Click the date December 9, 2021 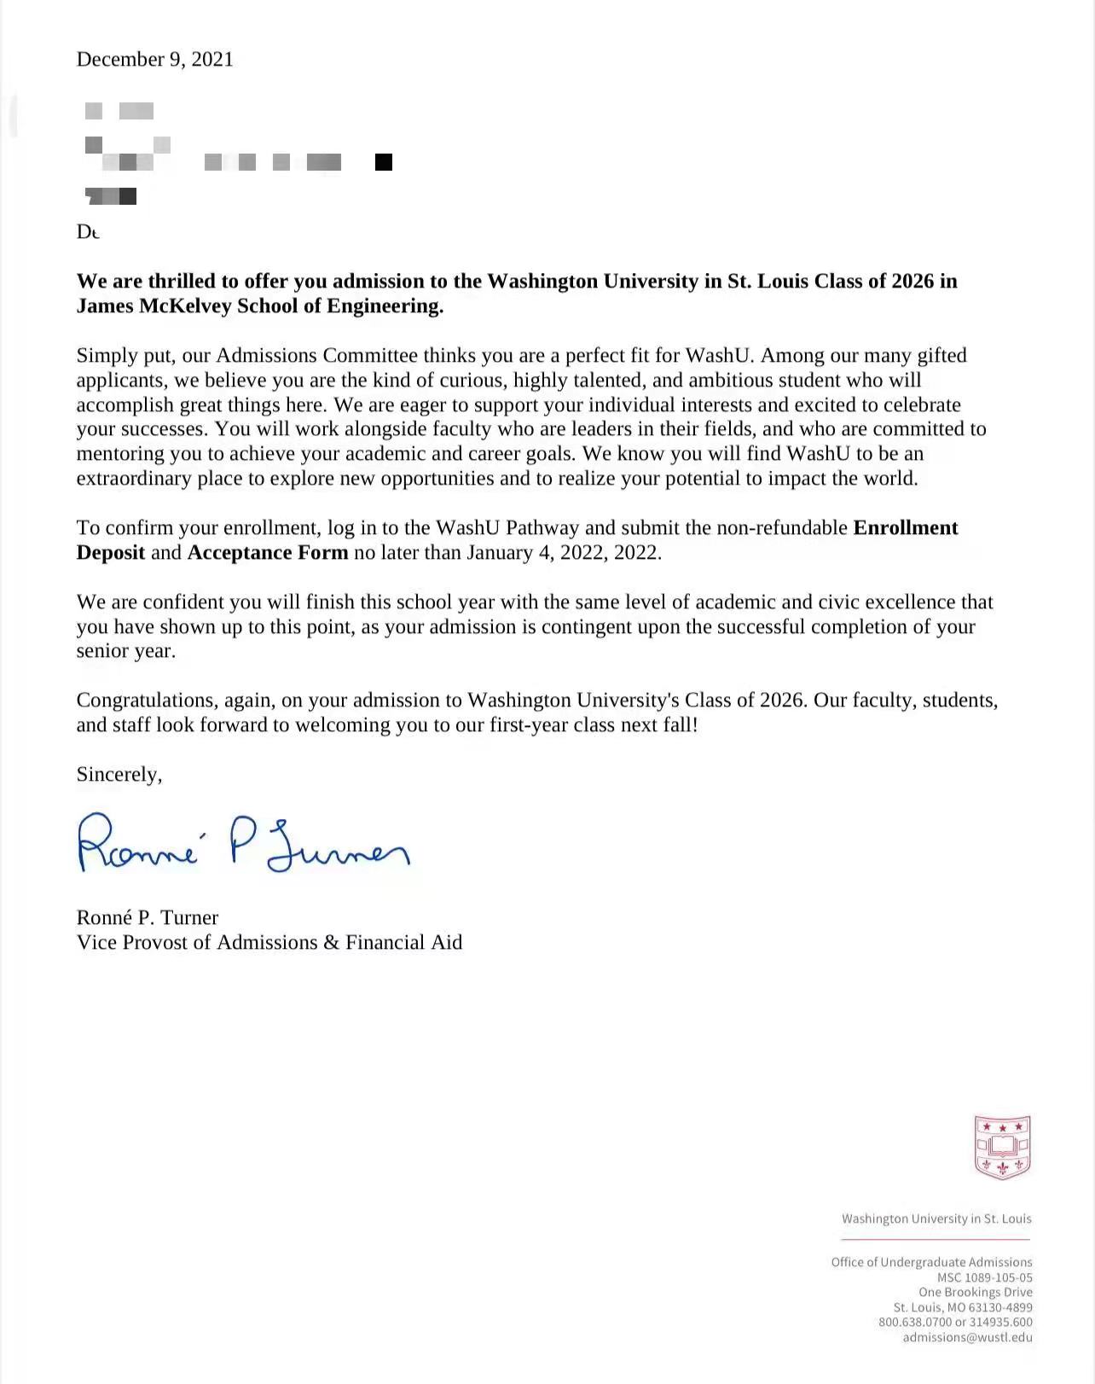pyautogui.click(x=154, y=59)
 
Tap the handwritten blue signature pyautogui.click(x=243, y=844)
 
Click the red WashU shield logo pyautogui.click(x=1002, y=1147)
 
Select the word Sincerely pyautogui.click(x=119, y=775)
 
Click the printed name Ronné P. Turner pyautogui.click(x=147, y=918)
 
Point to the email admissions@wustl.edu pyautogui.click(x=967, y=1337)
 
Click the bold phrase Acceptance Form pyautogui.click(x=268, y=553)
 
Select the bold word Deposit pyautogui.click(x=111, y=553)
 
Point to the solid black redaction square pyautogui.click(x=384, y=162)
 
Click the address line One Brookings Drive pyautogui.click(x=975, y=1293)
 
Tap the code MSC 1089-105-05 pyautogui.click(x=984, y=1278)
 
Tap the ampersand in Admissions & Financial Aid pyautogui.click(x=331, y=943)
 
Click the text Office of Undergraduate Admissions pyautogui.click(x=931, y=1263)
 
